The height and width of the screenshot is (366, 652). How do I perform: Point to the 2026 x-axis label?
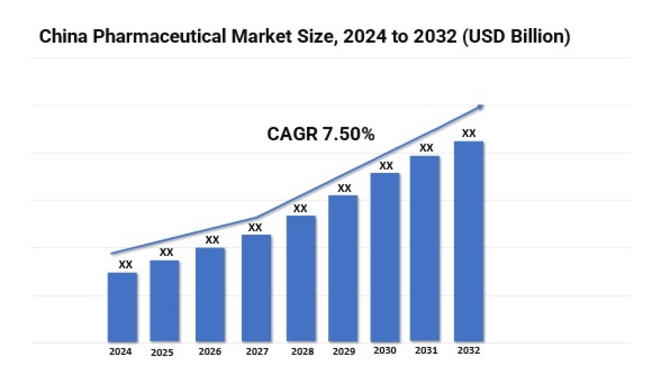[x=210, y=352]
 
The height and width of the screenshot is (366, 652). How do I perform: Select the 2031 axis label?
[x=425, y=351]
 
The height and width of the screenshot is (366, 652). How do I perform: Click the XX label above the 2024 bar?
[x=125, y=265]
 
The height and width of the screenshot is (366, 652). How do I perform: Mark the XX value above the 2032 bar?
[x=469, y=133]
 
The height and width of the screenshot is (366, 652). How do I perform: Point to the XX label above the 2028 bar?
[x=300, y=209]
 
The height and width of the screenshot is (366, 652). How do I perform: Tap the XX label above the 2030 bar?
[x=386, y=166]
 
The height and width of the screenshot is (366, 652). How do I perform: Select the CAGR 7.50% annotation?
[x=321, y=134]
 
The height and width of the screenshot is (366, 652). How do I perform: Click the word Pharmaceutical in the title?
[x=158, y=36]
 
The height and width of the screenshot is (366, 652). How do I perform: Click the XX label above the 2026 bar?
[x=212, y=240]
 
